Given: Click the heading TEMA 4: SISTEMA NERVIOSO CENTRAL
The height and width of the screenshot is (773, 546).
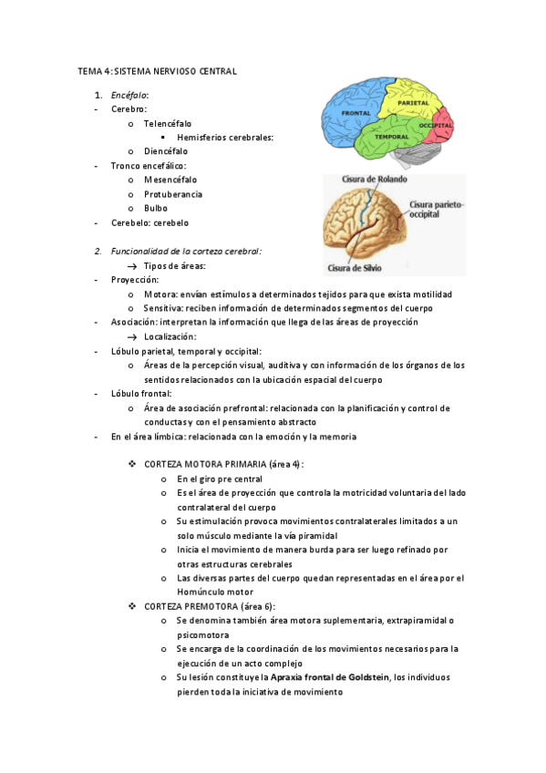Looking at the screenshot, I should pos(157,71).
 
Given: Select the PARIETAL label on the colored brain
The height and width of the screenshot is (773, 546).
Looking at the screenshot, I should pos(414,103).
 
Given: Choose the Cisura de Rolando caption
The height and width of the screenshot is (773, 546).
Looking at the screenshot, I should pos(368,180).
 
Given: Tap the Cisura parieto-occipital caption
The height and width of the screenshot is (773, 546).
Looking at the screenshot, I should pos(437,210).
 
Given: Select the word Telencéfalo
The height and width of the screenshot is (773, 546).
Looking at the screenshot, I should pos(168,123).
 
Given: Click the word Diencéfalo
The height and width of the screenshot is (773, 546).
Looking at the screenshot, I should pos(166,151).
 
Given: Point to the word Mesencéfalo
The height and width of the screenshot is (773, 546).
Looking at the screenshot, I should pos(170,180).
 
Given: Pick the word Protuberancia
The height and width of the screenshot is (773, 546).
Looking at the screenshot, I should pos(173,194).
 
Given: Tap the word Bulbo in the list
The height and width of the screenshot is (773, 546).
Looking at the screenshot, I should pos(156,208).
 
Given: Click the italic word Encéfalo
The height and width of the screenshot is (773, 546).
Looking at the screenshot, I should pos(129,95).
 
